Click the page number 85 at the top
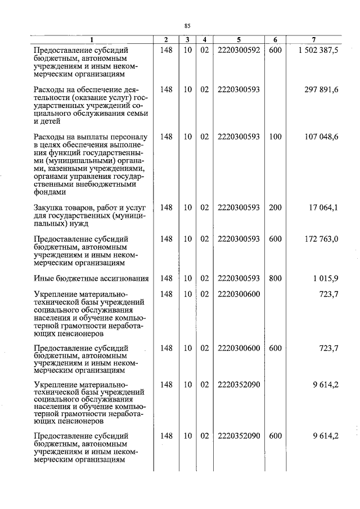(188, 25)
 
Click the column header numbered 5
(238, 39)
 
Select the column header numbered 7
(313, 39)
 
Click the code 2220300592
(238, 50)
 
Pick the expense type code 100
(275, 137)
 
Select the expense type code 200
(275, 208)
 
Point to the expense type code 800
(275, 278)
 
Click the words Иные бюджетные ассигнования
(91, 278)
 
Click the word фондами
(49, 191)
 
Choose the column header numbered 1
(91, 39)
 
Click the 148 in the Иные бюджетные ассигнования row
(166, 278)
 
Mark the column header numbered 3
(187, 39)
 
